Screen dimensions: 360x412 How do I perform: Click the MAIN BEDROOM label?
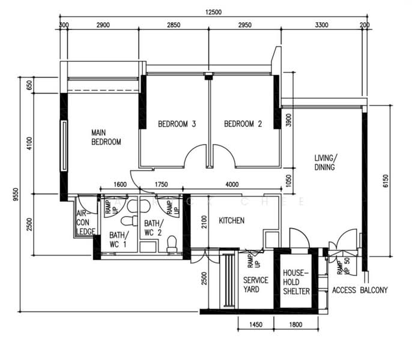click(x=106, y=137)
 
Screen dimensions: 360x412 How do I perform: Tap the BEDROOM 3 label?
click(x=177, y=125)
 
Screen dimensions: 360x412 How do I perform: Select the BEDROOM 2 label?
click(x=243, y=125)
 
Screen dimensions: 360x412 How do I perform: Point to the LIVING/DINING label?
click(x=324, y=163)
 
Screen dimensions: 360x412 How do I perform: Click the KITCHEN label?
click(x=231, y=221)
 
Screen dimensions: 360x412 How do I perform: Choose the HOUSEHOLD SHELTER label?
click(x=296, y=282)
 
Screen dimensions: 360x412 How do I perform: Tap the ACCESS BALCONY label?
click(x=360, y=290)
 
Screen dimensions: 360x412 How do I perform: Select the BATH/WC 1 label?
click(x=118, y=239)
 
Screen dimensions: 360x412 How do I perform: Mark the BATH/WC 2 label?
click(x=153, y=227)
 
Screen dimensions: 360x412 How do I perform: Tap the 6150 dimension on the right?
click(x=386, y=178)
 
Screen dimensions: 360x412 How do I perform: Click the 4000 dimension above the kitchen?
click(x=232, y=185)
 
